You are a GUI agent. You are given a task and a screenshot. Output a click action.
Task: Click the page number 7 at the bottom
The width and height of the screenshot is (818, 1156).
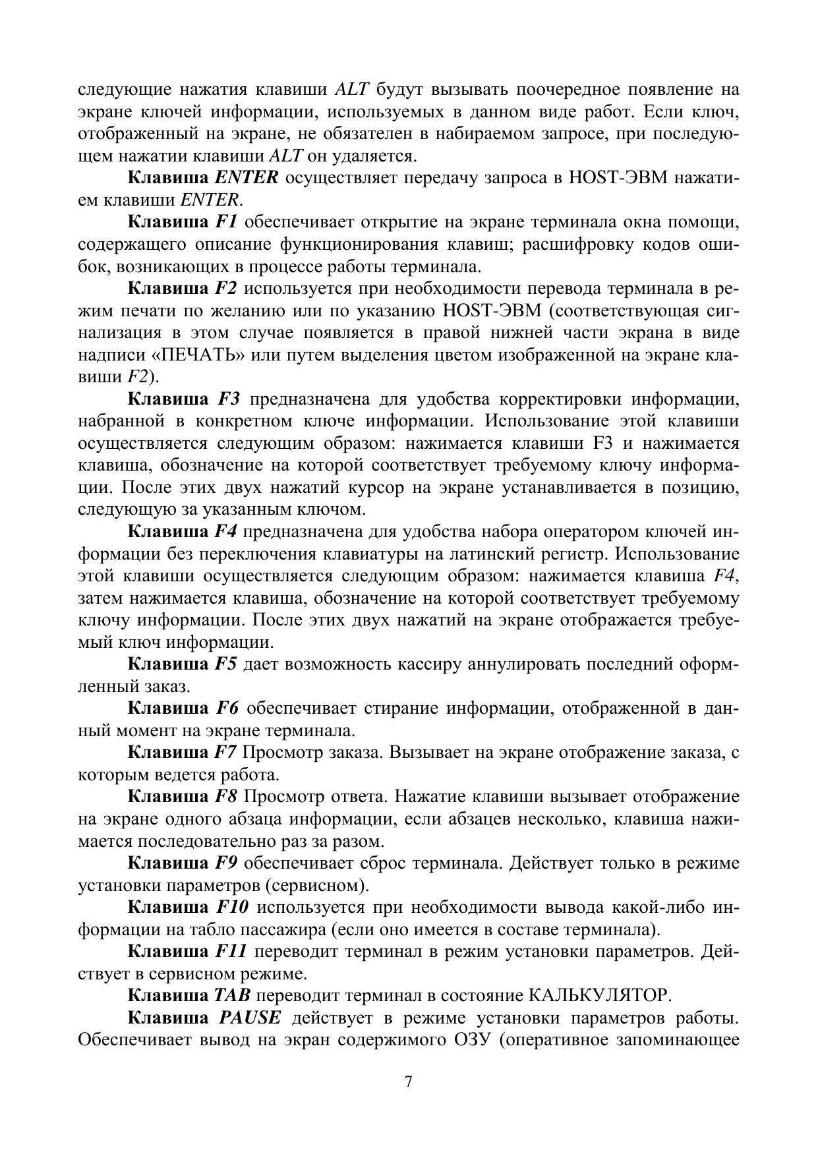coord(409,1082)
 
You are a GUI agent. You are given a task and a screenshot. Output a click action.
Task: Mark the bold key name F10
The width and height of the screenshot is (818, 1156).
coord(232,908)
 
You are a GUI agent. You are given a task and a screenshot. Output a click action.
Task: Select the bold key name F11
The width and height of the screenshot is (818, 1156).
coord(231,952)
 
